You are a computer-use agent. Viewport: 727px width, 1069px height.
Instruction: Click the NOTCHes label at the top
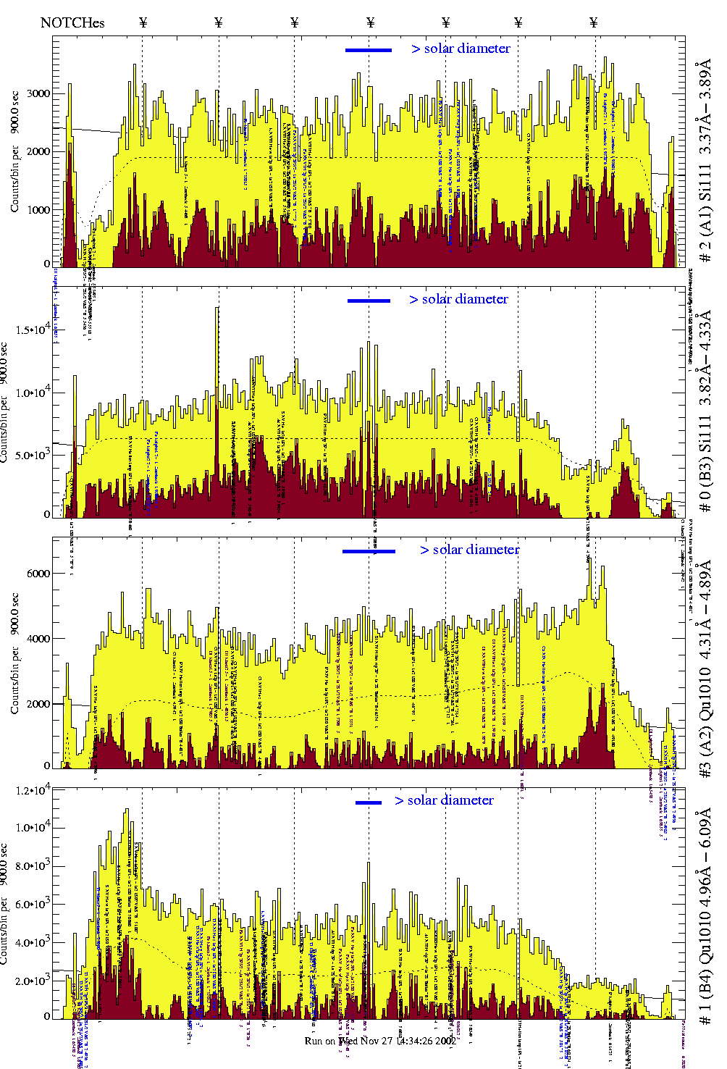[x=72, y=22]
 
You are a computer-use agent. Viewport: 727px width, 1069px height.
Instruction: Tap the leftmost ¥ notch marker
[x=143, y=22]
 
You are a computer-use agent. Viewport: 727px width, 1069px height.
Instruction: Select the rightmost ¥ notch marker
[x=594, y=22]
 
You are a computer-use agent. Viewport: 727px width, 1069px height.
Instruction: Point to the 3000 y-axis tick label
[x=38, y=93]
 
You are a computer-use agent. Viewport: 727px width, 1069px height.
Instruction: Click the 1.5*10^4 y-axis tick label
[x=32, y=330]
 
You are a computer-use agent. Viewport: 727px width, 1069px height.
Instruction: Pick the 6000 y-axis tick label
[x=38, y=574]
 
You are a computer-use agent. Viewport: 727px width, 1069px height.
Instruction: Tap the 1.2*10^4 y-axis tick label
[x=32, y=789]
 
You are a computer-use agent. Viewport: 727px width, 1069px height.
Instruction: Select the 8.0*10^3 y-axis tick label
[x=32, y=866]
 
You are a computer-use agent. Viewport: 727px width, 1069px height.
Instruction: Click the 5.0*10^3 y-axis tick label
[x=32, y=455]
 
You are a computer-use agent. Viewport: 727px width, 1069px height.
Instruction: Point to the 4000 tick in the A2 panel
[x=38, y=639]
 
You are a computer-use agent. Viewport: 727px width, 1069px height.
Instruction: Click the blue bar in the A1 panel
[x=369, y=50]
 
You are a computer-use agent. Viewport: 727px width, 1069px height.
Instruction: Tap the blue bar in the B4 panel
[x=369, y=802]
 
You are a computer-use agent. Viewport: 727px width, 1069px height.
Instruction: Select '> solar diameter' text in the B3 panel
[x=458, y=299]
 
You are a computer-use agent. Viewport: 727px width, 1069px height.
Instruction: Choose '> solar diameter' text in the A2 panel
[x=469, y=550]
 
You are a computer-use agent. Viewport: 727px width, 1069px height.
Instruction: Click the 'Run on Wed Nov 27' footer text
[x=379, y=1041]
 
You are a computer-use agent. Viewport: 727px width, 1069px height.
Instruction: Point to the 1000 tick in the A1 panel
[x=38, y=210]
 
